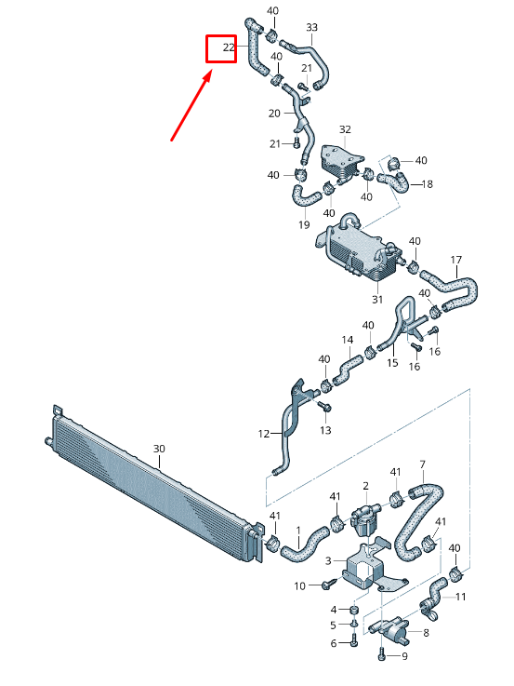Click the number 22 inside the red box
(228, 47)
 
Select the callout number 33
(311, 28)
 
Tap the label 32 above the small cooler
(345, 129)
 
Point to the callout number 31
(377, 299)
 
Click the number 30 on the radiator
(159, 449)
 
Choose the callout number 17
(455, 259)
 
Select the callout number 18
(428, 184)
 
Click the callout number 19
(304, 224)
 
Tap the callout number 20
(274, 114)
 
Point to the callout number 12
(264, 433)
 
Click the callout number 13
(325, 429)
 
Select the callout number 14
(348, 340)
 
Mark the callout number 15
(391, 362)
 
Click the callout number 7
(422, 464)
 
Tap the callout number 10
(300, 585)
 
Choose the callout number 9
(403, 656)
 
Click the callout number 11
(461, 596)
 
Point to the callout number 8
(426, 633)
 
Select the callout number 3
(327, 561)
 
